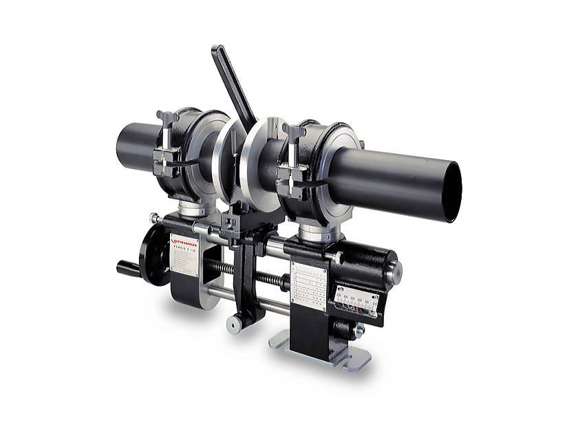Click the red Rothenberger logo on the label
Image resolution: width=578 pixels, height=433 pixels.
coord(184,241)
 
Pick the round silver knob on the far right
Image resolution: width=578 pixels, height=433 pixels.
coord(394,271)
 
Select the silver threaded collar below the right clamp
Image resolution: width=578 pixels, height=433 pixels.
coord(319,234)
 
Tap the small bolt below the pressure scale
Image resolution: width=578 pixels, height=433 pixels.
coord(358,330)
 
